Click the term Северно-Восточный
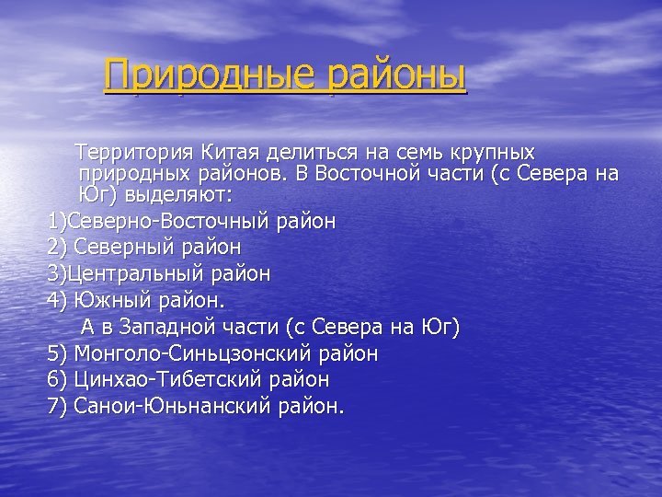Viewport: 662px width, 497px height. pos(171,222)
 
